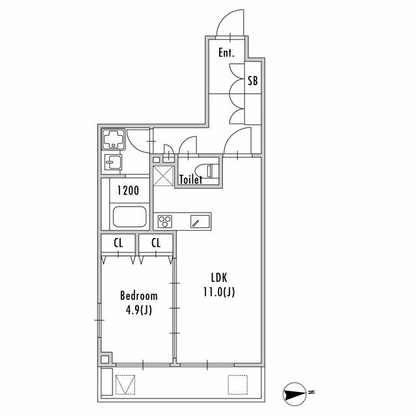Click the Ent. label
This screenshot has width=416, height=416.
pyautogui.click(x=226, y=53)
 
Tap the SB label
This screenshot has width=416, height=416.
pyautogui.click(x=253, y=81)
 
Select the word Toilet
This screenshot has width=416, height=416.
pyautogui.click(x=190, y=179)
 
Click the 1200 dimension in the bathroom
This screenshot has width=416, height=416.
pyautogui.click(x=128, y=190)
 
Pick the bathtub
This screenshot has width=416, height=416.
pyautogui.click(x=129, y=216)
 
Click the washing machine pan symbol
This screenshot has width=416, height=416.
pyautogui.click(x=114, y=139)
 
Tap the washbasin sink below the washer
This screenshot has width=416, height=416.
pyautogui.click(x=113, y=162)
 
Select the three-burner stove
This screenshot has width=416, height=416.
pyautogui.click(x=164, y=222)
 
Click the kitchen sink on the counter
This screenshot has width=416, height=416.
pyautogui.click(x=200, y=222)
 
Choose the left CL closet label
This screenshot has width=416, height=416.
pyautogui.click(x=118, y=242)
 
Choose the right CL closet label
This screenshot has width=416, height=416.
pyautogui.click(x=156, y=242)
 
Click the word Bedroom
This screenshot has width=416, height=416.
pyautogui.click(x=138, y=296)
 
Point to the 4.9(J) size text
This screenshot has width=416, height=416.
pyautogui.click(x=138, y=309)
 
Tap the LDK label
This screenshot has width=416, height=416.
pyautogui.click(x=219, y=278)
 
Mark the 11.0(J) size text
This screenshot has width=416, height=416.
pyautogui.click(x=219, y=292)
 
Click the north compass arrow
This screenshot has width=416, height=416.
pyautogui.click(x=294, y=394)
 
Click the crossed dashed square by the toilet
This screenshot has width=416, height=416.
pyautogui.click(x=163, y=176)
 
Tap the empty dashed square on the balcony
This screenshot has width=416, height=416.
pyautogui.click(x=238, y=385)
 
